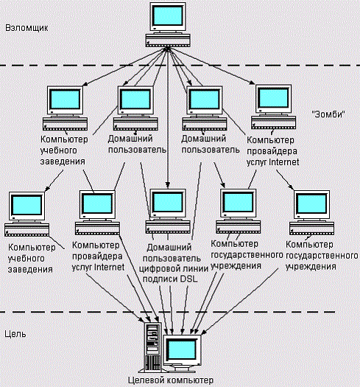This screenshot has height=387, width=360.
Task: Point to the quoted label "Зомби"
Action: (x=328, y=116)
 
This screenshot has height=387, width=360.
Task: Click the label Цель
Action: (x=15, y=334)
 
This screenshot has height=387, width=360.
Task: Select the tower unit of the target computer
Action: (x=153, y=346)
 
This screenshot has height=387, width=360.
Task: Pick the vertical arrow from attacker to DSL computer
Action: (x=168, y=133)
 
